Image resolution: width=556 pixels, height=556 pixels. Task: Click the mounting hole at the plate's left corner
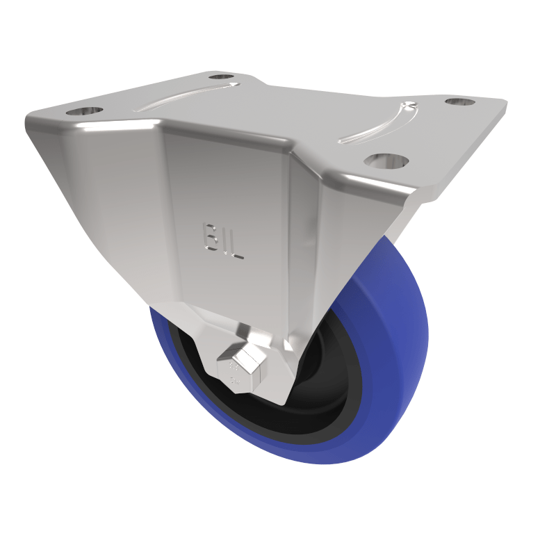[x=84, y=111]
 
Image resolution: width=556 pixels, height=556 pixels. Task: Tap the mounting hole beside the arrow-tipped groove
[x=222, y=76]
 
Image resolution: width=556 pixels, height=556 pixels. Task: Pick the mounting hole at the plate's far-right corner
[x=459, y=102]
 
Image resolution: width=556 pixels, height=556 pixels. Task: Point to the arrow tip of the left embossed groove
[x=234, y=85]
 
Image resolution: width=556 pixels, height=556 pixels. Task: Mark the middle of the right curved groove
[x=379, y=129]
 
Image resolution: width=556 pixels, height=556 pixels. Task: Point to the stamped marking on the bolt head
[x=234, y=376]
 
